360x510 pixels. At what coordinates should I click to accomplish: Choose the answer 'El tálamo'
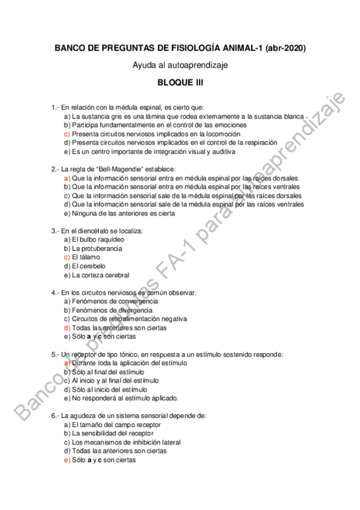tap(86, 257)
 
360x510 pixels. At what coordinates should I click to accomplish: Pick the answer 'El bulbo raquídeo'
tap(98, 239)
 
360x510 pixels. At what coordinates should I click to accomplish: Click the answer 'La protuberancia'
tap(97, 248)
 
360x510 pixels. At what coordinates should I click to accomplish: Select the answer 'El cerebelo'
tap(88, 266)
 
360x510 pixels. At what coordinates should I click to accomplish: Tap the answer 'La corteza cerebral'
tap(100, 275)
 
